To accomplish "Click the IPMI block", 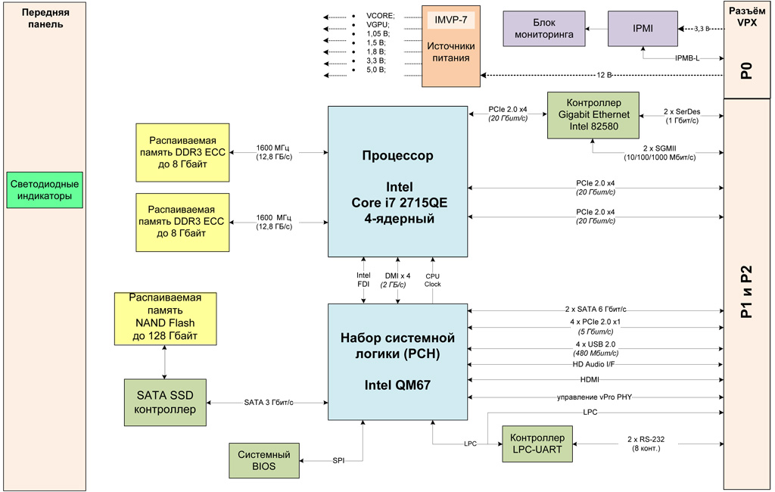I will click(x=643, y=29).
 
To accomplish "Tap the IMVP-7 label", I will click(x=450, y=18).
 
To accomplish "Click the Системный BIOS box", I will click(x=264, y=461).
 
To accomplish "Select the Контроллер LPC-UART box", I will click(x=537, y=444).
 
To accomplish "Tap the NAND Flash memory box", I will click(x=165, y=316).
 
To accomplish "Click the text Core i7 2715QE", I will click(x=398, y=203).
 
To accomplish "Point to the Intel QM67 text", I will click(x=397, y=385).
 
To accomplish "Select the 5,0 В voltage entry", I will click(x=375, y=70).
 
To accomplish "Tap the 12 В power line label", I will click(x=603, y=75).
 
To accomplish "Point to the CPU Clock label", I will click(x=432, y=280).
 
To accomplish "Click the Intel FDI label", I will click(x=363, y=280).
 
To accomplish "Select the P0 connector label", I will click(x=746, y=72).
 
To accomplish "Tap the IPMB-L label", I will click(x=686, y=58).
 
